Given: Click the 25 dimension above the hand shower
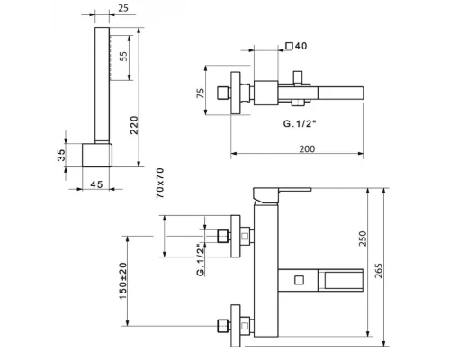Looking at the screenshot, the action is [123, 8].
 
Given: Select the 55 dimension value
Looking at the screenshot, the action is [123, 56].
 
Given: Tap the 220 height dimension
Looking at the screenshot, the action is [134, 125].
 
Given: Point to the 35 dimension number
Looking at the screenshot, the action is [61, 155].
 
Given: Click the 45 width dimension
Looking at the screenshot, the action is [96, 184].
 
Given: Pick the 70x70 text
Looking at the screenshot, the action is [160, 183].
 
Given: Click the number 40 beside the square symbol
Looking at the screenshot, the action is [301, 46].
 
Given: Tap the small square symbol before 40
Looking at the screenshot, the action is [289, 46].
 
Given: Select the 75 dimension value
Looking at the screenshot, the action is [201, 93].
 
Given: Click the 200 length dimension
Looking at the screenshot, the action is [307, 148].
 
